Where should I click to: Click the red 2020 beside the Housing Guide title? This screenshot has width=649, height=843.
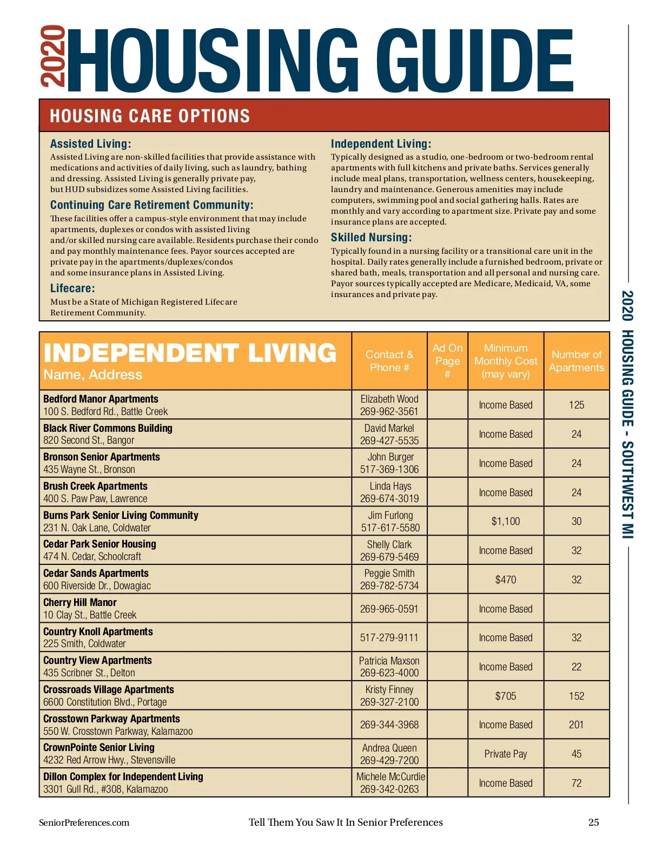[x=54, y=56]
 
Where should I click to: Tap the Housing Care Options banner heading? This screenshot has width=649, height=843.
[x=150, y=116]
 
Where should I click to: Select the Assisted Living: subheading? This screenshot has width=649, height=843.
[x=90, y=144]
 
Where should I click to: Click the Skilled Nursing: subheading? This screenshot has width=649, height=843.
[x=371, y=238]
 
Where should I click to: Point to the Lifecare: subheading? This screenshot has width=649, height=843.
[x=72, y=288]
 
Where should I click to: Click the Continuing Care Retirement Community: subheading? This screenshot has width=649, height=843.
[x=151, y=205]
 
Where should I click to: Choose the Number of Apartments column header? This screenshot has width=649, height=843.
[x=576, y=361]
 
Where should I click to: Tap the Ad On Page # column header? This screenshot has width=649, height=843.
[x=447, y=360]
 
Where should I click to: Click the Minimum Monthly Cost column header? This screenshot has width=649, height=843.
[x=506, y=361]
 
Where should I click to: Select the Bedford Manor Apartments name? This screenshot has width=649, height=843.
[x=101, y=399]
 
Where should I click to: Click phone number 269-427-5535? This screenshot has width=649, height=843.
[x=389, y=440]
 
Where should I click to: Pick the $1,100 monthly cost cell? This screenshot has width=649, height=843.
[x=506, y=521]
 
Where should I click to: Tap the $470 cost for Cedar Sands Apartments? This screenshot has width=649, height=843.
[x=506, y=579]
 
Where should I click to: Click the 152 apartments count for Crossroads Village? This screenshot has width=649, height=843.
[x=577, y=696]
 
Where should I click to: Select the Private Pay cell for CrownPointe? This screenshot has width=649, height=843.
[x=506, y=754]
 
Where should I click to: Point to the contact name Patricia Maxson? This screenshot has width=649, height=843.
[x=389, y=661]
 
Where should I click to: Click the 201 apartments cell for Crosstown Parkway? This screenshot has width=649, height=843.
[x=577, y=725]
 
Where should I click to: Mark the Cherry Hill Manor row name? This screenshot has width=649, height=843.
[x=80, y=602]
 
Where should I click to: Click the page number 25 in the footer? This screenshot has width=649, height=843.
[x=593, y=822]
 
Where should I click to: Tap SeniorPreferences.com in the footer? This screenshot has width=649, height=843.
[x=84, y=822]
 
